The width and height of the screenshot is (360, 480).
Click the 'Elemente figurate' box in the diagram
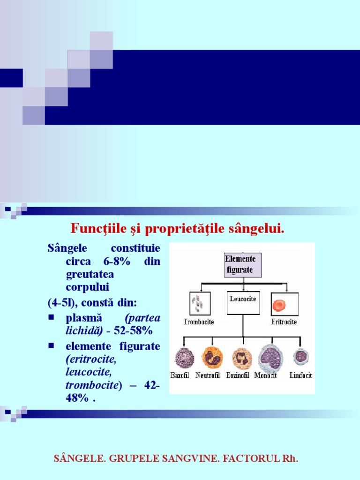point(243,265)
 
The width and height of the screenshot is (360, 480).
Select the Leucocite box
point(243,302)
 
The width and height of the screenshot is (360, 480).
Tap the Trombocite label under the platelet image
point(199,322)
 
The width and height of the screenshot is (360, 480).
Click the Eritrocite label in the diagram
point(284,322)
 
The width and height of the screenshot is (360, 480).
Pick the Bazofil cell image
point(184,358)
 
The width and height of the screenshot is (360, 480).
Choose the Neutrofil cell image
point(212,358)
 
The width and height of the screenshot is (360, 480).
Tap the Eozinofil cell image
point(242,358)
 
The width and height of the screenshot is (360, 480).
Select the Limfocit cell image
point(301,357)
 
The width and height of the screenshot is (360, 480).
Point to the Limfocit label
point(300,375)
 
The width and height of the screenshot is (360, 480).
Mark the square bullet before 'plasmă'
point(51,317)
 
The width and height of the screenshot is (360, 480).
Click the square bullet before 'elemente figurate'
point(51,346)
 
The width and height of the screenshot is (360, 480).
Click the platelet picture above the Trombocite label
point(199,303)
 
